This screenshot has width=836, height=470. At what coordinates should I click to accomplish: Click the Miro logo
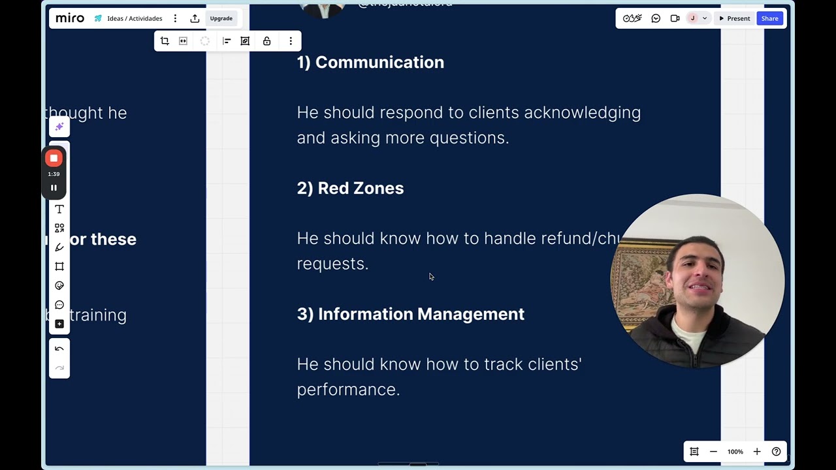(x=70, y=18)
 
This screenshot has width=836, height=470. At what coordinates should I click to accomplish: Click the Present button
(x=734, y=18)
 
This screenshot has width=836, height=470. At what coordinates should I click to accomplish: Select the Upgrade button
(x=221, y=18)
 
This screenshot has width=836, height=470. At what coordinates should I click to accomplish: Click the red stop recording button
(x=54, y=159)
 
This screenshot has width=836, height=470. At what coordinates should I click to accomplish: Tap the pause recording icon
(x=54, y=188)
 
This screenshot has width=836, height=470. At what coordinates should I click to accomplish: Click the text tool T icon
(x=59, y=210)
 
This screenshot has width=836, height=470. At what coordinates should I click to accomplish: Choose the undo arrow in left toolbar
(x=59, y=349)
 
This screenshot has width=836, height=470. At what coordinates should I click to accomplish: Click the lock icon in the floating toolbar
(x=266, y=41)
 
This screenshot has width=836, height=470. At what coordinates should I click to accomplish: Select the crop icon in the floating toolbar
(x=165, y=41)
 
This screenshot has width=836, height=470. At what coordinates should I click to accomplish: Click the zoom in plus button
(x=757, y=452)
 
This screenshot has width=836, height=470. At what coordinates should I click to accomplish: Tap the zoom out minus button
(x=713, y=452)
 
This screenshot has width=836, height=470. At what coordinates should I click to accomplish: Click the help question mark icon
(x=776, y=452)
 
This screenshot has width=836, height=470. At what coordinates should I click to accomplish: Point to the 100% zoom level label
(x=735, y=452)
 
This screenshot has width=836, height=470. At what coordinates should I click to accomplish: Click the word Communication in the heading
(x=379, y=63)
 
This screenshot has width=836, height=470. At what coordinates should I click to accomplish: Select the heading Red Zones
(x=360, y=189)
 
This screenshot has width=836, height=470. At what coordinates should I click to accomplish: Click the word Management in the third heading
(x=470, y=314)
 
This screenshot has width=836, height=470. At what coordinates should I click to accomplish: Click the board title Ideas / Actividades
(x=135, y=18)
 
